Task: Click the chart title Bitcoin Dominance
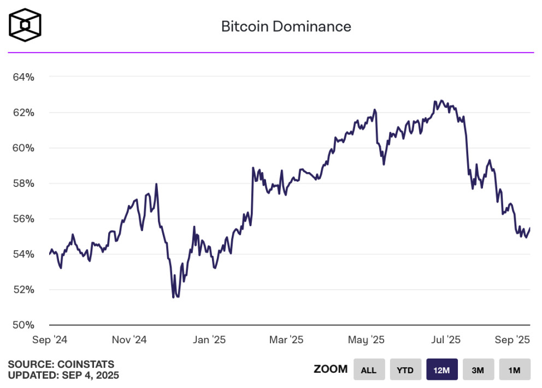tap(286, 26)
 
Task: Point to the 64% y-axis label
tap(23, 77)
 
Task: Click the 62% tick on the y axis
tap(23, 113)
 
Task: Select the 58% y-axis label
tap(23, 184)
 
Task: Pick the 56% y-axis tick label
tap(23, 219)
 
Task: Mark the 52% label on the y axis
tap(23, 290)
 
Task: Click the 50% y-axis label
tap(23, 325)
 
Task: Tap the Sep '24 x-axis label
tap(50, 340)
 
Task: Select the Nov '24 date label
tap(129, 340)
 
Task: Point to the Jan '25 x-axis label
tap(209, 340)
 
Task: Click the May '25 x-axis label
tap(366, 340)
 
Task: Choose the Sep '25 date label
tap(512, 340)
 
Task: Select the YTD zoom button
tap(405, 370)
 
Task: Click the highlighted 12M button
tap(441, 370)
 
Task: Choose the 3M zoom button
tap(478, 370)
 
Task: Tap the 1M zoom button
tap(514, 370)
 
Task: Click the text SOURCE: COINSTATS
tap(61, 364)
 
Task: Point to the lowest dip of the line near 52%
tap(174, 297)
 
